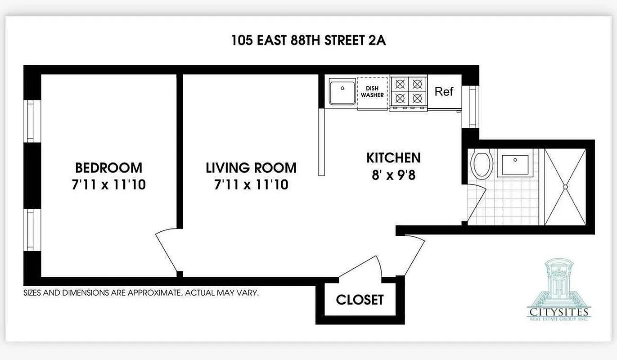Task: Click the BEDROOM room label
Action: click(x=108, y=168)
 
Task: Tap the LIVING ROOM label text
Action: click(x=251, y=168)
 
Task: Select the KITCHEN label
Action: click(x=393, y=158)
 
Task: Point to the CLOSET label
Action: click(x=360, y=300)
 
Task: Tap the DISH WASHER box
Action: click(x=372, y=92)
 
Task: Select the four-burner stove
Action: click(x=408, y=92)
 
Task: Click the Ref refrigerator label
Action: click(x=444, y=92)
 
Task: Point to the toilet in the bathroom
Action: click(x=481, y=165)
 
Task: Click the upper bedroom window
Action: click(x=30, y=121)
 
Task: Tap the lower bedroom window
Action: click(x=30, y=230)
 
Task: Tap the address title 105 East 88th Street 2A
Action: click(x=309, y=40)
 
